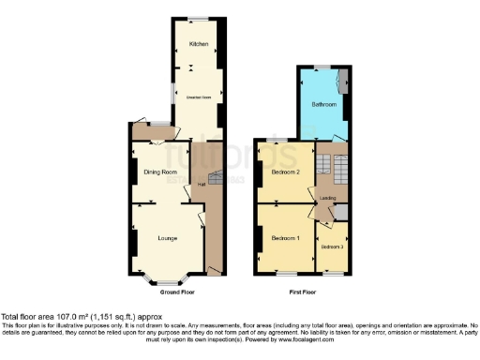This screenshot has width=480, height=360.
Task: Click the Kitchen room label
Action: point(198,44)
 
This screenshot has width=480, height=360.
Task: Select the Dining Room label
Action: point(160,172)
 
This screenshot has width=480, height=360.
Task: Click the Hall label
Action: point(201,185)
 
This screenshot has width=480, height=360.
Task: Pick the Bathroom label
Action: point(323,104)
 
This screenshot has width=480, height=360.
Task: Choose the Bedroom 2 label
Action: point(285,173)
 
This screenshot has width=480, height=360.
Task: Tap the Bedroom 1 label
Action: point(285,237)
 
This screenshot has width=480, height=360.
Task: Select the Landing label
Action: point(329,197)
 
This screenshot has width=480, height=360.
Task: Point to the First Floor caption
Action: point(302,292)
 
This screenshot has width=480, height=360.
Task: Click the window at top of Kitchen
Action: point(197,19)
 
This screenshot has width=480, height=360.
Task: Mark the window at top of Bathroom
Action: point(322,66)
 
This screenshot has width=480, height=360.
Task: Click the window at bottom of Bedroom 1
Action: point(284,273)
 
